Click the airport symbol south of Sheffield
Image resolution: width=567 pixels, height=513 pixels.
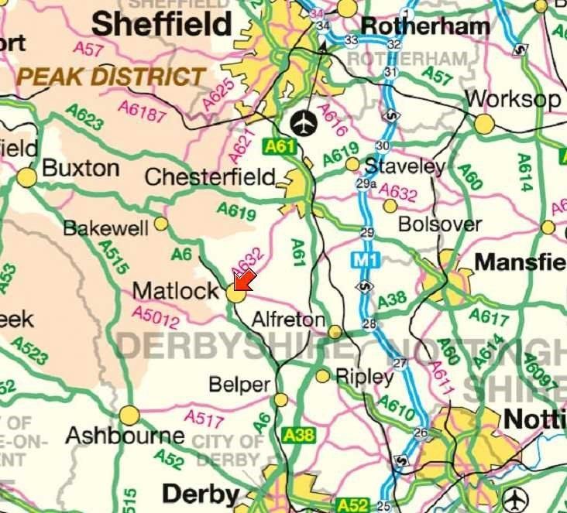[x=304, y=122]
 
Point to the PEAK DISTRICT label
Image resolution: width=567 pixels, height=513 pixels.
[x=112, y=77]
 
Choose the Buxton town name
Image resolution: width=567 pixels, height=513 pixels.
[x=81, y=168]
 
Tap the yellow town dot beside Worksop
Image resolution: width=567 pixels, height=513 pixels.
[x=485, y=124]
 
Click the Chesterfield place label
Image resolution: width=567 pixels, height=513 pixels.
[x=210, y=177]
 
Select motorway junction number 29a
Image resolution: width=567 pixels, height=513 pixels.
[x=366, y=184]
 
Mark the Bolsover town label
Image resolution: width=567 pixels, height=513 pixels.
[x=439, y=224]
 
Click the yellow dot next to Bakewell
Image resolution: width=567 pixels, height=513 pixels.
[x=161, y=224]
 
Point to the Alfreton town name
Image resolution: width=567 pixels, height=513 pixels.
[x=289, y=320]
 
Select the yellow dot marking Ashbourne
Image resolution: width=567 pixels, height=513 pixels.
[x=129, y=416]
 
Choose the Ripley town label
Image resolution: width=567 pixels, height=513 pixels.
[x=364, y=377]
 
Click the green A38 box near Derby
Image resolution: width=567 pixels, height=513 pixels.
[x=299, y=435]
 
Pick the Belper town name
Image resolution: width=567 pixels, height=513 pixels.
[x=239, y=385]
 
